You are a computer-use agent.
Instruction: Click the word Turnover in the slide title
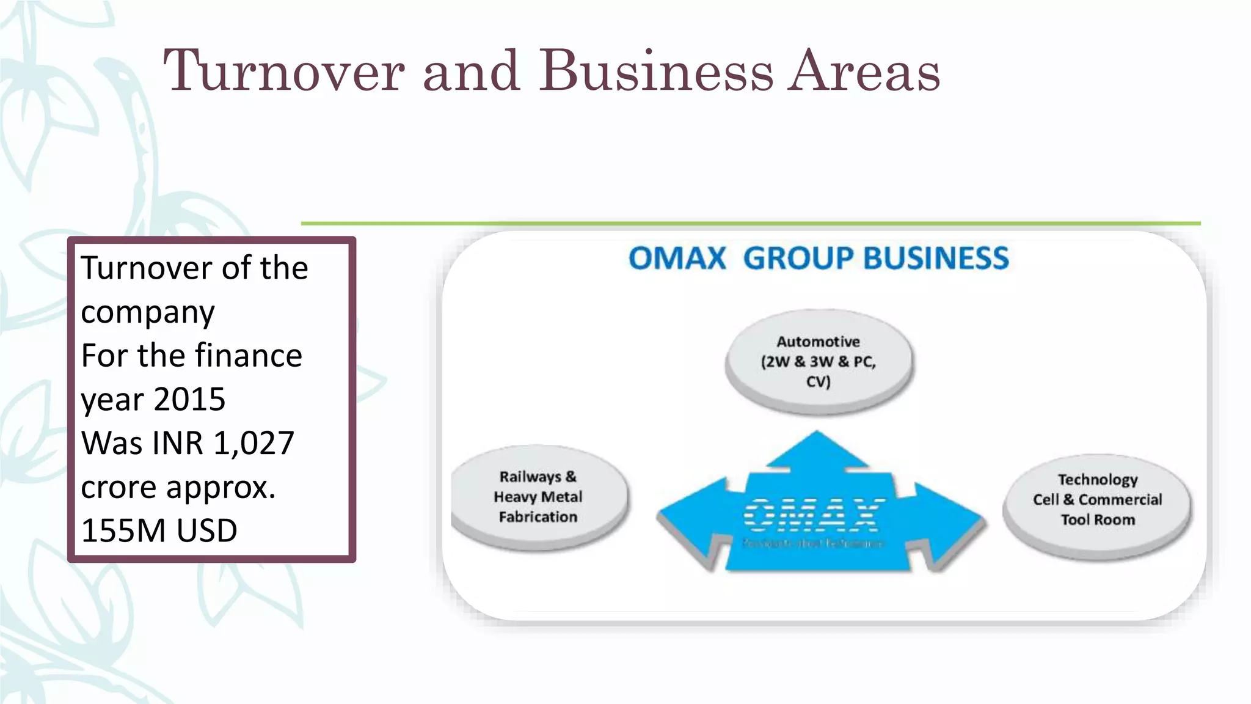pyautogui.click(x=283, y=71)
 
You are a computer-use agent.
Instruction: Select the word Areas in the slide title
pyautogui.click(x=864, y=71)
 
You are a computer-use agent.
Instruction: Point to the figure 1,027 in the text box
pyautogui.click(x=254, y=443)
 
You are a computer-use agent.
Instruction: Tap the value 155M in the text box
pyautogui.click(x=120, y=530)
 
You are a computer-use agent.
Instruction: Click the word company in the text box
pyautogui.click(x=148, y=313)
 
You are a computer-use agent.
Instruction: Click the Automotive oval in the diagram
pyautogui.click(x=819, y=361)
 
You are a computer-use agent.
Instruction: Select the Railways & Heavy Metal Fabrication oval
pyautogui.click(x=538, y=496)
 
